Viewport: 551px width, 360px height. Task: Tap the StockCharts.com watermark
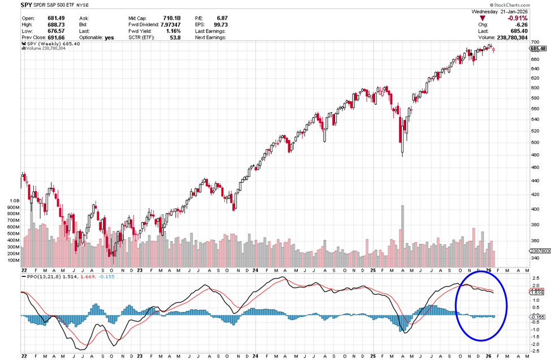pyautogui.click(x=528, y=5)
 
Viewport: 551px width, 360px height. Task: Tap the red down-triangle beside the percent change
pyautogui.click(x=482, y=18)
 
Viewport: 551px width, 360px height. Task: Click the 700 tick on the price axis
pyautogui.click(x=535, y=42)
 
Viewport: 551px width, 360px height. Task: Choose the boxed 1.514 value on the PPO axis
pyautogui.click(x=537, y=292)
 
